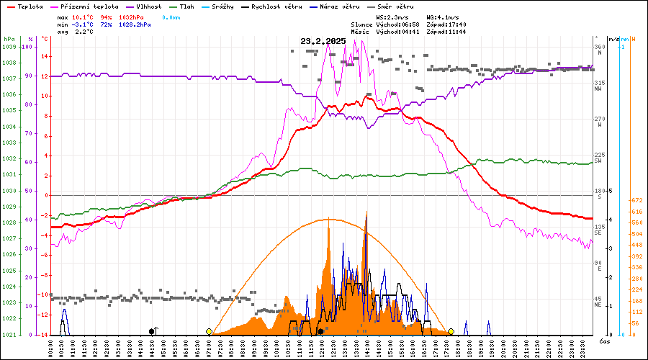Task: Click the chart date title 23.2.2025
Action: [323, 41]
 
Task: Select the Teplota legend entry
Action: [31, 6]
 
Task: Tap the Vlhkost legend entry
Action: [150, 6]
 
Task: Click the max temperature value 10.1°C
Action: [84, 17]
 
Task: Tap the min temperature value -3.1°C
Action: [84, 24]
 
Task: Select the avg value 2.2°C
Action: [84, 32]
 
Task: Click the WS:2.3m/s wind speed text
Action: [395, 17]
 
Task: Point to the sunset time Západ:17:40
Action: [446, 24]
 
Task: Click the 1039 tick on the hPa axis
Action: [9, 47]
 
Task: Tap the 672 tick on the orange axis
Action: [636, 200]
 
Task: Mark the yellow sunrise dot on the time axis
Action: [209, 331]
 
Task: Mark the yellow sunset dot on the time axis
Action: [451, 331]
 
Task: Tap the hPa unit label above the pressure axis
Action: [9, 38]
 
